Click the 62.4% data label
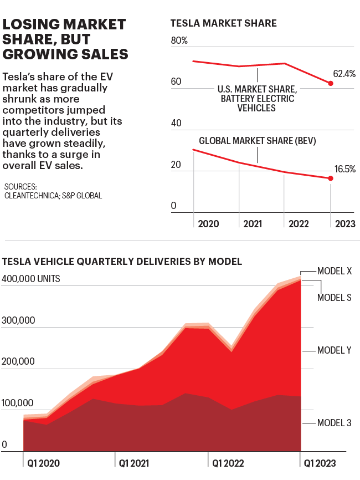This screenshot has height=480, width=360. (x=344, y=73)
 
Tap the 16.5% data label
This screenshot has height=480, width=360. (x=345, y=169)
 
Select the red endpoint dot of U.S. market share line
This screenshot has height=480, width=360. (x=331, y=83)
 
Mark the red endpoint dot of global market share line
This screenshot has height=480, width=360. (x=331, y=178)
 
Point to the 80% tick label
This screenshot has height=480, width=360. (x=179, y=41)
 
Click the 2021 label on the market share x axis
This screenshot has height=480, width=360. (x=253, y=224)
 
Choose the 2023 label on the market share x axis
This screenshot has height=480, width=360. (x=344, y=224)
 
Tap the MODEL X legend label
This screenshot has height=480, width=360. (x=335, y=272)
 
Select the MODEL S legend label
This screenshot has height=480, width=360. (x=334, y=298)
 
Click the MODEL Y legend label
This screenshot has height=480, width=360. (x=335, y=350)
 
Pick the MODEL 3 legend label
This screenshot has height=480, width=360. (x=334, y=423)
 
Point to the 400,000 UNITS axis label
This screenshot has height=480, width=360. (x=32, y=279)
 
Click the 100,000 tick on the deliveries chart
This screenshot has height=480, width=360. (x=18, y=403)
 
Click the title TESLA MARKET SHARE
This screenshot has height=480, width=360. (x=223, y=23)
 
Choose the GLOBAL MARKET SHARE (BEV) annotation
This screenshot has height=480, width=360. (x=257, y=141)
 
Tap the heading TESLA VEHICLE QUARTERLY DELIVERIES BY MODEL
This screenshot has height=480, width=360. (x=122, y=261)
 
